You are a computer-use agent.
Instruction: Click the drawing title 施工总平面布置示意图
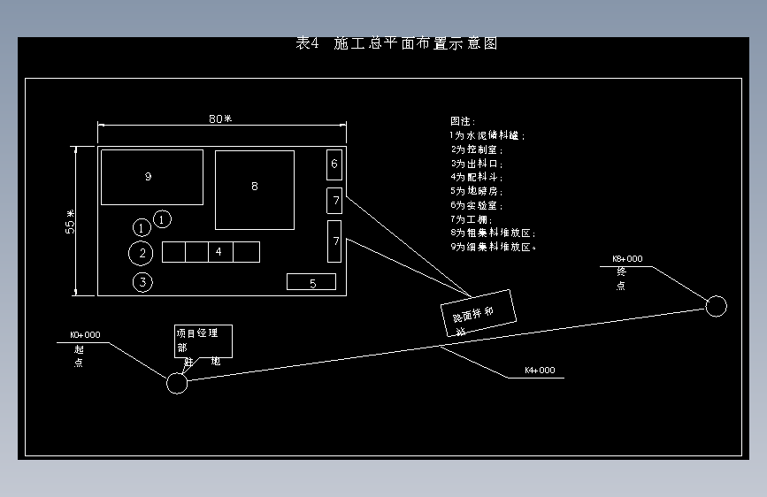click(396, 43)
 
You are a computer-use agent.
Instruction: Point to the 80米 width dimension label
click(220, 119)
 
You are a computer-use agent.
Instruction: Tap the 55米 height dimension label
click(70, 221)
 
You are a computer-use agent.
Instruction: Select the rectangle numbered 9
click(151, 177)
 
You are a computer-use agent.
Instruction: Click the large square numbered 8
click(255, 189)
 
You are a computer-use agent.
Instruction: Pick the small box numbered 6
click(334, 164)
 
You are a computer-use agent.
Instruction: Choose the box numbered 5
click(311, 282)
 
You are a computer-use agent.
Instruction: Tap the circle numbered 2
click(141, 254)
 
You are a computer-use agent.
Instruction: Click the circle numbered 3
click(142, 282)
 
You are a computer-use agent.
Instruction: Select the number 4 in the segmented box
click(219, 252)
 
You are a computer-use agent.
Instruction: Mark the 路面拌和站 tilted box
click(479, 312)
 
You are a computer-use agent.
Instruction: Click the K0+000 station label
click(85, 336)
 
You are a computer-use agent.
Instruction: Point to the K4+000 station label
click(540, 371)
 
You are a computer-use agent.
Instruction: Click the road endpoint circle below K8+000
click(717, 306)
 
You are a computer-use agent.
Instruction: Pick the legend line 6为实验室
click(477, 205)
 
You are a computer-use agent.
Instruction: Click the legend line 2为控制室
click(477, 149)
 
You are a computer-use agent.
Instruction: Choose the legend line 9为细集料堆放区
click(493, 247)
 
